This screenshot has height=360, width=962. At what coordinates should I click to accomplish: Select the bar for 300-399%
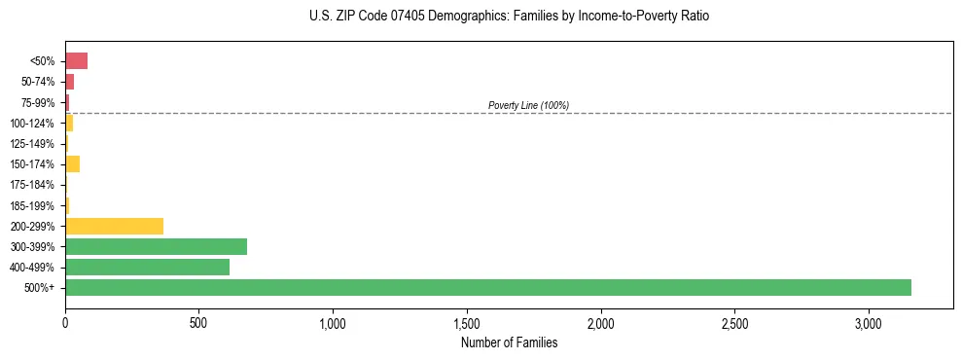coord(156,246)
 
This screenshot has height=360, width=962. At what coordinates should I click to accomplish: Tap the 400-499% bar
coord(147,267)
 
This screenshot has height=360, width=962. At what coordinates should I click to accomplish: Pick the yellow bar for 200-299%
coord(114,226)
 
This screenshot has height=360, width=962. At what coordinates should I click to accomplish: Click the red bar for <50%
coord(76,61)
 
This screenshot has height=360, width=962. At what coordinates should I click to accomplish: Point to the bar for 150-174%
coord(72,163)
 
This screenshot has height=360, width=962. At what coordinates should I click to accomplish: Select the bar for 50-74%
coord(69,82)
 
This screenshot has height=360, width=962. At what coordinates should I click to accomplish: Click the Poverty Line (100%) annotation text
coord(528,105)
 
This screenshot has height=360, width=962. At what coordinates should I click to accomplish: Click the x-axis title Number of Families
coord(509,342)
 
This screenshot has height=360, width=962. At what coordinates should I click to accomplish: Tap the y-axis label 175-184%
coord(32,185)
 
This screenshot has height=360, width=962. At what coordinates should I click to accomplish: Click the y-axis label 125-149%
coord(32,144)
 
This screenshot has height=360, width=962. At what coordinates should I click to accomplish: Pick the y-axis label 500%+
coord(40,288)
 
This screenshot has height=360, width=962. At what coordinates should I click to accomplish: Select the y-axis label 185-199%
coord(32,205)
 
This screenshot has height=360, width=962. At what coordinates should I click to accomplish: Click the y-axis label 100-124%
coord(32,124)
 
